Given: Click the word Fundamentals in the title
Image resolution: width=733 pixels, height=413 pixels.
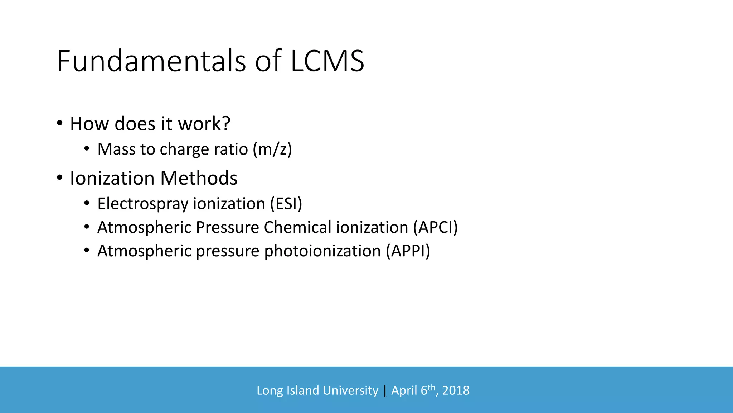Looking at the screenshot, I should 151,61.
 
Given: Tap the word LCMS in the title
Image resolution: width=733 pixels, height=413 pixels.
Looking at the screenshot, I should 327,61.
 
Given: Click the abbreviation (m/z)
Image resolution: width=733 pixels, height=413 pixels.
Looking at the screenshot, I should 272,149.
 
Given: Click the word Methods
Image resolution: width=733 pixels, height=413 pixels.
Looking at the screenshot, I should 199,178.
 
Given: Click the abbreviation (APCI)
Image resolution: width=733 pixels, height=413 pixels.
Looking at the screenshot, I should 435,227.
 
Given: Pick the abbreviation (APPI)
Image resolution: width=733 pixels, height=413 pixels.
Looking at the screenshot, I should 408,251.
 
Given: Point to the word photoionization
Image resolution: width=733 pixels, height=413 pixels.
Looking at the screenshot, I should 322,251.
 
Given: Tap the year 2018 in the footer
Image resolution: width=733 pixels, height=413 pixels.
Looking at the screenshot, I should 456,390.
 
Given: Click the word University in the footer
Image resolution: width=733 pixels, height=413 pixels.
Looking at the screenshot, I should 350,390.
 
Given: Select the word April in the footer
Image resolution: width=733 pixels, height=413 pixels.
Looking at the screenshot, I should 405,390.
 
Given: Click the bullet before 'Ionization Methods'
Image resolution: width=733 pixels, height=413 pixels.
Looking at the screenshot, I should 60,178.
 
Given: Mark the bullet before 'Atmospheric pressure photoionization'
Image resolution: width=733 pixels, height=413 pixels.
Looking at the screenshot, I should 87,251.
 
